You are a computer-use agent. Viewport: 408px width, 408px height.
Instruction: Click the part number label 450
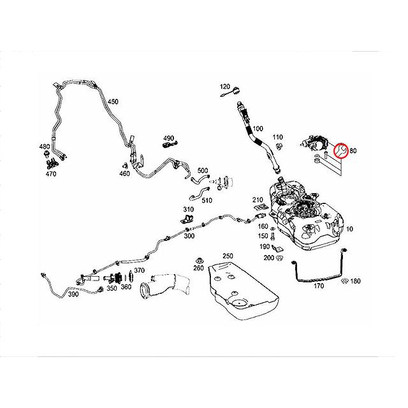click(x=112, y=102)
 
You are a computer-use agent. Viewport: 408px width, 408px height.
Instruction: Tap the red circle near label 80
click(x=340, y=150)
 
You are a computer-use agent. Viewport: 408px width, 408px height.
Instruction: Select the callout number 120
click(x=225, y=86)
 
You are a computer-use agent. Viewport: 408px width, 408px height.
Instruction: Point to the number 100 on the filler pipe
click(x=258, y=129)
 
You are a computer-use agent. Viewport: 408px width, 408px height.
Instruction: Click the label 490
click(x=169, y=138)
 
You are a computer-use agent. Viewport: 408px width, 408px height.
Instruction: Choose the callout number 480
click(x=44, y=147)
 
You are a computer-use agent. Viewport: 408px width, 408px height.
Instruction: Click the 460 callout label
click(x=124, y=173)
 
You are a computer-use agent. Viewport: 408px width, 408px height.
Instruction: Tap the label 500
click(x=203, y=170)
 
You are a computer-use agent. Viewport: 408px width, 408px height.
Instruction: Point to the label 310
click(x=189, y=210)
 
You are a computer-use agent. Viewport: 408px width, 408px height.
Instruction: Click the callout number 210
click(x=258, y=200)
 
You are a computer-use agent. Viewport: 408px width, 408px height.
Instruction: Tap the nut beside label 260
click(x=198, y=260)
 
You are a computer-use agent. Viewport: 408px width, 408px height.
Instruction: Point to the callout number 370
click(x=139, y=271)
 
